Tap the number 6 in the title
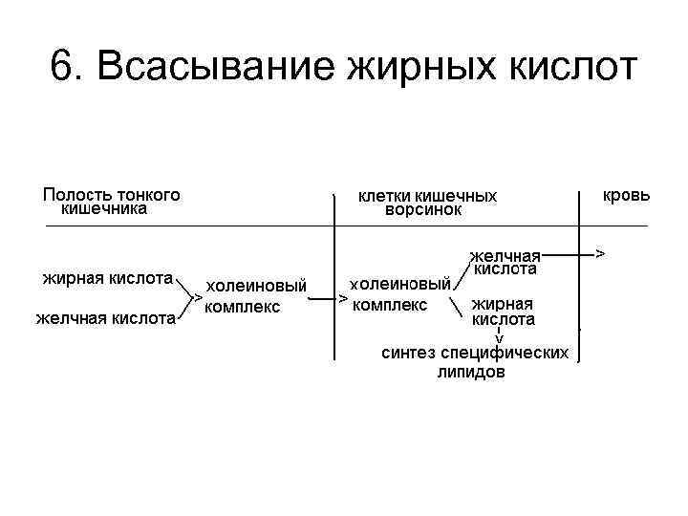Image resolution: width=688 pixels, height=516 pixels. tap(61, 69)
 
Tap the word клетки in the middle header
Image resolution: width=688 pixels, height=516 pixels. tap(385, 195)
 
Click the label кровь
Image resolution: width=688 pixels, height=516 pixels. tap(627, 194)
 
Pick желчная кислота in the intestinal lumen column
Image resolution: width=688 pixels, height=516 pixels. tap(105, 318)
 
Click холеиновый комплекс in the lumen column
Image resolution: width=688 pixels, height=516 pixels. tap(256, 295)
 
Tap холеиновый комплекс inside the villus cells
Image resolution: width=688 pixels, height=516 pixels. tap(400, 294)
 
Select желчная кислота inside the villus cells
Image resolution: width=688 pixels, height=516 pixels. tap(505, 262)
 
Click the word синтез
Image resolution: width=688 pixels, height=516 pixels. tap(405, 354)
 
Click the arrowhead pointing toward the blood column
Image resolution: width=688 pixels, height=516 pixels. tap(599, 254)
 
